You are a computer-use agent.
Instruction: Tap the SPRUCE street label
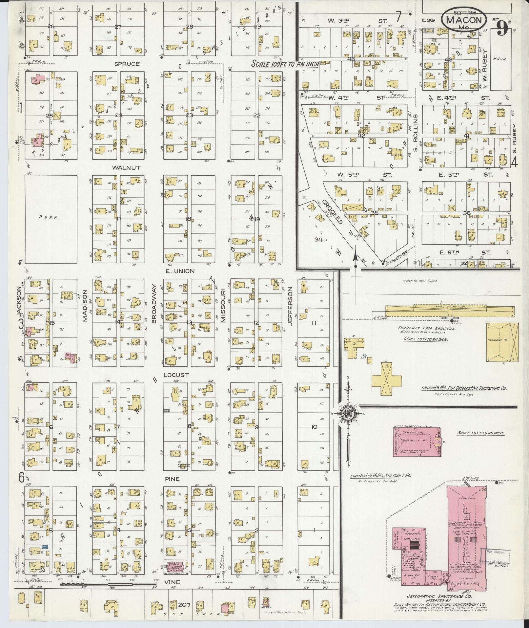127,64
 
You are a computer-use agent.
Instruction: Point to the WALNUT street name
126,167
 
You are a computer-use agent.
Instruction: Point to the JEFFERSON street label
290,306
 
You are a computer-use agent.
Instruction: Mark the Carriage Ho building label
497,340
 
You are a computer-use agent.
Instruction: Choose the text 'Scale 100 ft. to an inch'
285,64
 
